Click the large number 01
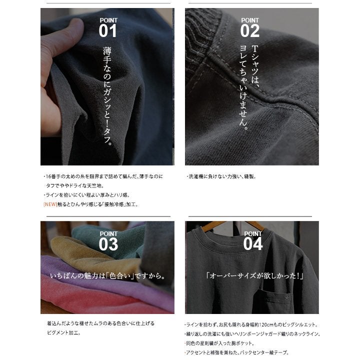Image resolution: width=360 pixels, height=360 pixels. point(107,31)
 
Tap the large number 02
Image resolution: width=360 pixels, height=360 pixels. point(250,31)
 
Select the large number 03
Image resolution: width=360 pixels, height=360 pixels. point(108,244)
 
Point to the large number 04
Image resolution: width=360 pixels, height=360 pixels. point(253,244)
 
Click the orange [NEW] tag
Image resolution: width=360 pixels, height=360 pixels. point(50,204)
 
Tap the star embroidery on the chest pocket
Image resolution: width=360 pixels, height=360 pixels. point(286,298)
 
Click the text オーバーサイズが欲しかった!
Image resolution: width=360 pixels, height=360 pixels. point(254,275)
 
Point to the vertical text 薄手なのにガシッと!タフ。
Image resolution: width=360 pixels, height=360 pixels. point(107,96)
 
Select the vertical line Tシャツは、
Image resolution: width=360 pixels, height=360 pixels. point(255,66)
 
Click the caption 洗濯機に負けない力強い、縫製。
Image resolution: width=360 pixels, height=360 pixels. point(222,176)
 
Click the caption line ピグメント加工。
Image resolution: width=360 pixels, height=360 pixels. point(64,332)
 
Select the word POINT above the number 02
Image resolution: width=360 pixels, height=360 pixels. point(250,20)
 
